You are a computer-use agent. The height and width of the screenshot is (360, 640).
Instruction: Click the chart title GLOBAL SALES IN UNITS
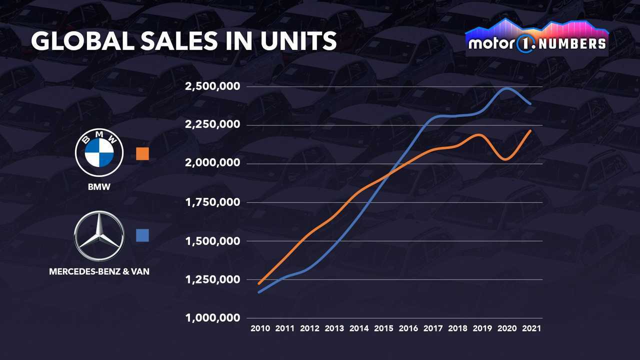coord(183,41)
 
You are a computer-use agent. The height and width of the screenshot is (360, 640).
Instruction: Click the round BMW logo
coord(99,151)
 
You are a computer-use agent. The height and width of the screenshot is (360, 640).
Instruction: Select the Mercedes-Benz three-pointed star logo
coord(99,236)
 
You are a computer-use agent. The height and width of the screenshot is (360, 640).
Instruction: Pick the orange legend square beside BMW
coord(142,153)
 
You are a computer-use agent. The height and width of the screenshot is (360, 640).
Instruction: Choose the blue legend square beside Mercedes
coord(142,235)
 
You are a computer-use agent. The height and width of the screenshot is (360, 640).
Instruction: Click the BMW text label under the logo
coord(99,188)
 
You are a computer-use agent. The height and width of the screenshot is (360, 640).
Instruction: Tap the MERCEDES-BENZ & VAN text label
coord(99,271)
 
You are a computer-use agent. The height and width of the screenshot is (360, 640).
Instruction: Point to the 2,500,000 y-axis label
coord(212,86)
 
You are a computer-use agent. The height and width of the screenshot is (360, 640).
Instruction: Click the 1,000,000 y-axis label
coord(212,318)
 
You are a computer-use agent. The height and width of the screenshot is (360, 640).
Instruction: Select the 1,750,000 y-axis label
coord(212,202)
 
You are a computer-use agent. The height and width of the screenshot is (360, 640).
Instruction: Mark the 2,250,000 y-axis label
coord(212,125)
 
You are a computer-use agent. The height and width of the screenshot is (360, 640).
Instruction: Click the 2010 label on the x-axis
coord(260,329)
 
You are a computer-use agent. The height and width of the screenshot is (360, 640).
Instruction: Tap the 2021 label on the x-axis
coord(530,329)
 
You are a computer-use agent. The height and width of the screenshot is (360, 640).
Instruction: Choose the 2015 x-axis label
coord(383,329)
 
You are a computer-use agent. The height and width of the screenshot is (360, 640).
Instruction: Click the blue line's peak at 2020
coord(507,88)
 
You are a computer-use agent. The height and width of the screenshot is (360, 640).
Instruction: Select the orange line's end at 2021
coord(530,131)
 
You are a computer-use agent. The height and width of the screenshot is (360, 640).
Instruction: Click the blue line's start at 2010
coord(259,292)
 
